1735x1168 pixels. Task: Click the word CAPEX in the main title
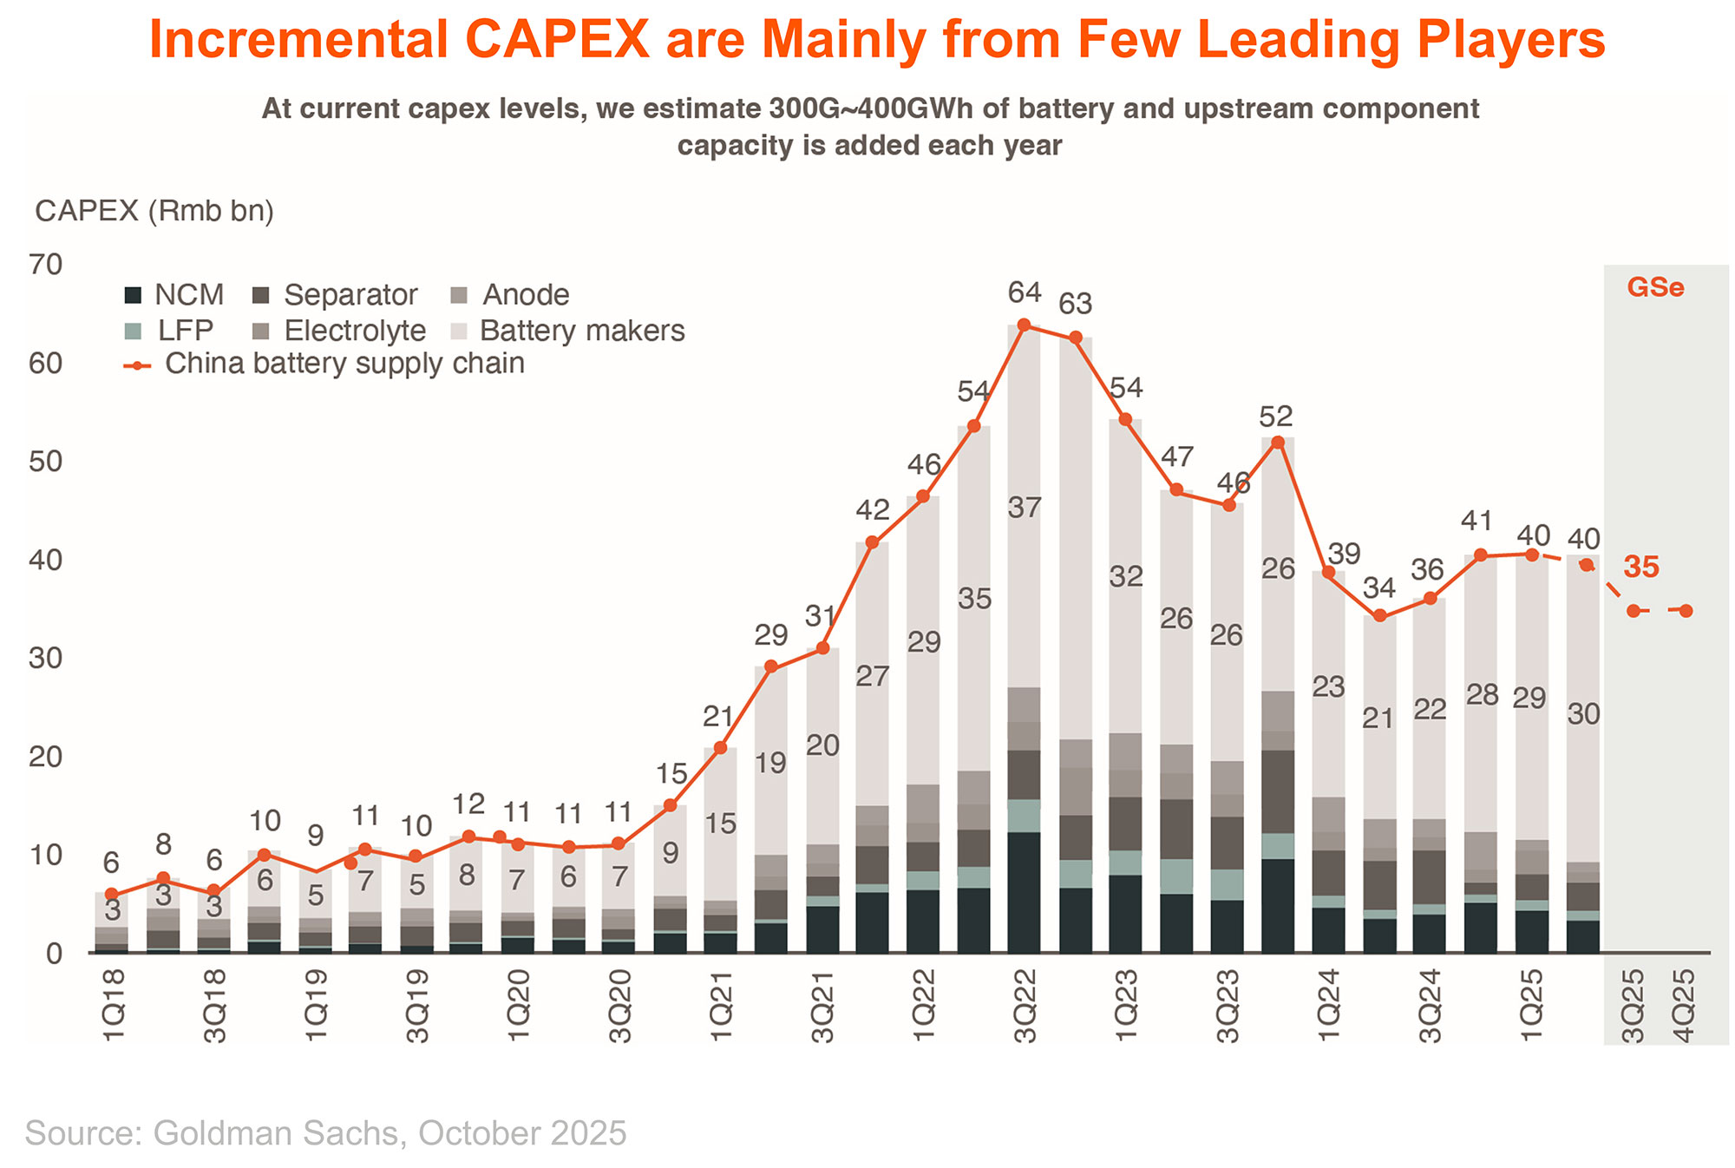(556, 40)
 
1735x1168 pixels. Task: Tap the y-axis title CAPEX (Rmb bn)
(154, 211)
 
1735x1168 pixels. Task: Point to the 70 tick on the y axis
(47, 265)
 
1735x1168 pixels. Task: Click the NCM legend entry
(173, 295)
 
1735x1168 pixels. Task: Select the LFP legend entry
(170, 331)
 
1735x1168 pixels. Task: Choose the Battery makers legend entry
(569, 331)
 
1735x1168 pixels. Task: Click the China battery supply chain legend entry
(325, 364)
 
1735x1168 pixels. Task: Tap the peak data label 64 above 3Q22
(1025, 292)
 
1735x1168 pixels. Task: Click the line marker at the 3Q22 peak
(1024, 325)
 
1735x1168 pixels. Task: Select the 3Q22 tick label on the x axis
(1025, 1007)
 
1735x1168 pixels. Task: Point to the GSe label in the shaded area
(1655, 287)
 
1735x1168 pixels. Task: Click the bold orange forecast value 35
(1641, 568)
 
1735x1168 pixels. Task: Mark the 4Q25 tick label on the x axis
(1684, 1007)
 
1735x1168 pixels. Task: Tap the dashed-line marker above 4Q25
(1686, 611)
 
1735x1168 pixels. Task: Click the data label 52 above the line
(1276, 417)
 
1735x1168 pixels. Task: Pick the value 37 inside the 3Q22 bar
(1025, 508)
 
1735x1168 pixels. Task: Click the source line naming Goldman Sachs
(326, 1133)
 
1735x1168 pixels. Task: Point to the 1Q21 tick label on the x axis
(721, 1007)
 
